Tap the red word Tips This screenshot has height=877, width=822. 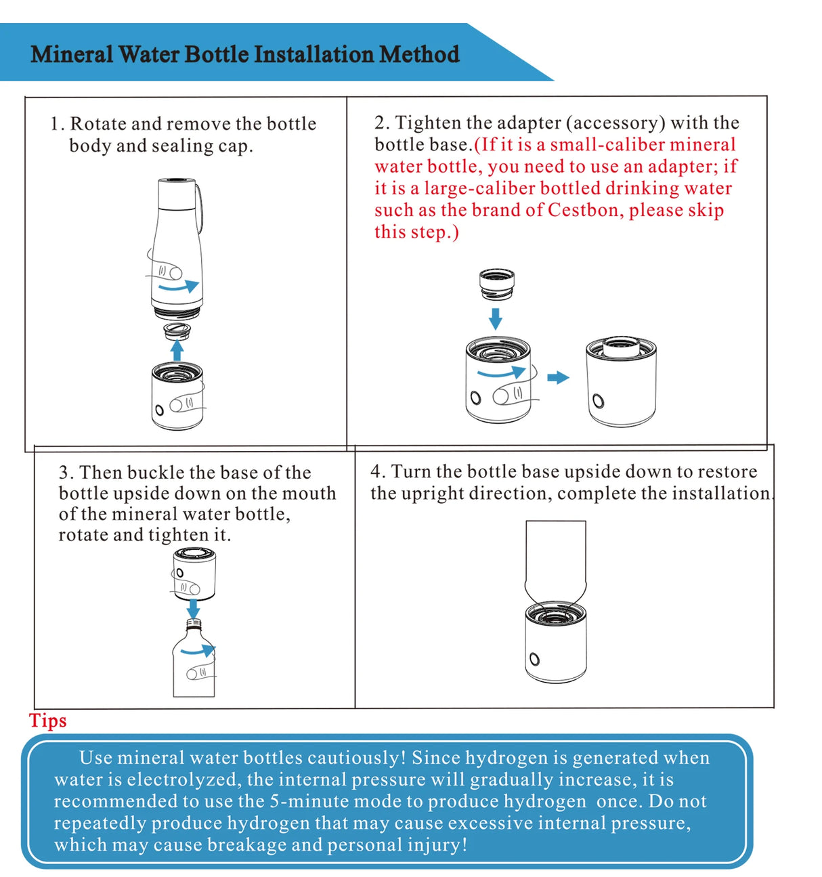pos(47,721)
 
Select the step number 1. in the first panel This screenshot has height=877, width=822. pos(57,124)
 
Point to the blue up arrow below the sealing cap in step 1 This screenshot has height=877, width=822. pos(177,350)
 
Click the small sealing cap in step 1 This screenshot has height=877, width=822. pos(177,330)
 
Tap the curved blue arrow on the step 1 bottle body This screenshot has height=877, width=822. pos(177,286)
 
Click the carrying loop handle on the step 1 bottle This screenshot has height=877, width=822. pos(199,203)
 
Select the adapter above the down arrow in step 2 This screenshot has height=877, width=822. pos(496,283)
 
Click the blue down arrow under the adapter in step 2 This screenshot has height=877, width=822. pos(496,318)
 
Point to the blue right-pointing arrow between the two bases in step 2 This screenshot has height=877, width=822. pos(558,377)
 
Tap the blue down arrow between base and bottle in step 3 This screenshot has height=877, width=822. pos(194,608)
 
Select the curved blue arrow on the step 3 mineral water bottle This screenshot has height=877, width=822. pos(199,651)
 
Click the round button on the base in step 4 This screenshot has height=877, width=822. pos(535,659)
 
